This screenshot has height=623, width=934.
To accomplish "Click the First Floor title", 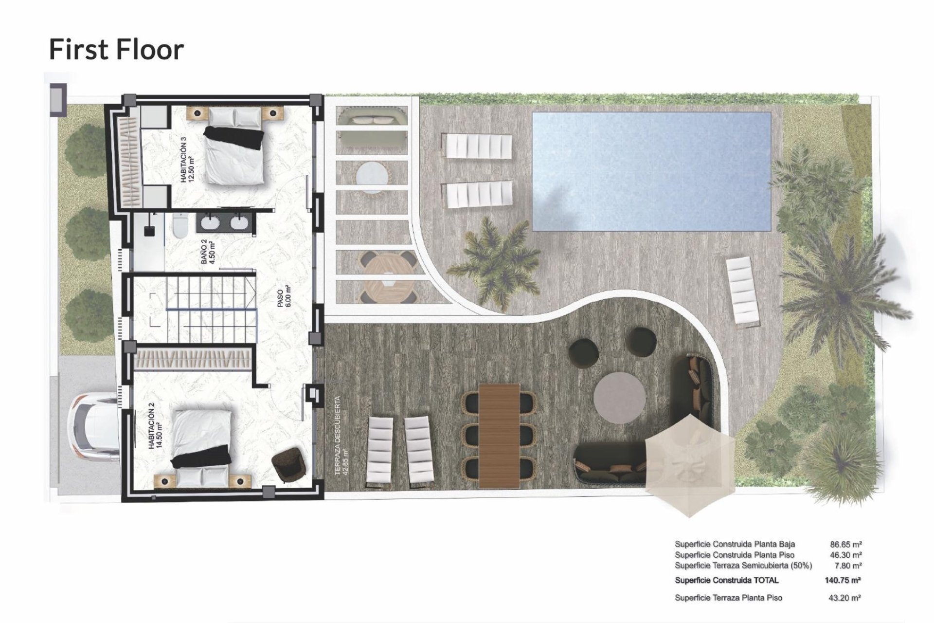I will pyautogui.click(x=116, y=49).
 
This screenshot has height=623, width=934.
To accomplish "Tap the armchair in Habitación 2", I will pyautogui.click(x=288, y=464).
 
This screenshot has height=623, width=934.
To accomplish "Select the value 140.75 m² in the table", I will pyautogui.click(x=843, y=580).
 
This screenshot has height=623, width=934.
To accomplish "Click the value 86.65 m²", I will pyautogui.click(x=845, y=544).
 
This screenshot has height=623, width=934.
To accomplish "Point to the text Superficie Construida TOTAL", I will pyautogui.click(x=726, y=580).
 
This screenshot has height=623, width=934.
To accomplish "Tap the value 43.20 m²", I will pyautogui.click(x=845, y=598).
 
